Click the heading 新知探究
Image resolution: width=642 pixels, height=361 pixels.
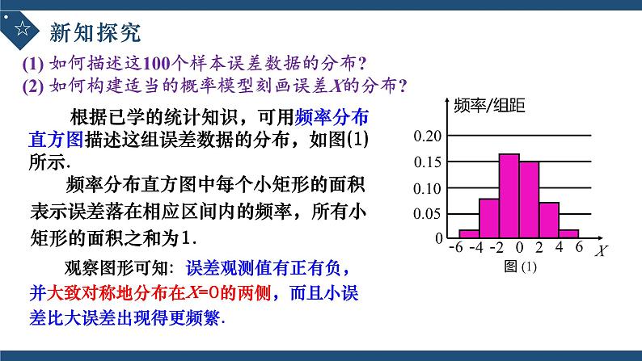[95, 31]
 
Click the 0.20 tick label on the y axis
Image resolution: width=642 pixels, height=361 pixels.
[428, 136]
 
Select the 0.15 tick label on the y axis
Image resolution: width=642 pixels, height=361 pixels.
[428, 162]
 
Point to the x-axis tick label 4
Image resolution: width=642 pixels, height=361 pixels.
[560, 249]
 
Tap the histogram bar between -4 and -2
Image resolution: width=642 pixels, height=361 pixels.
[488, 218]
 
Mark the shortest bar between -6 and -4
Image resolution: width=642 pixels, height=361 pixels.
[469, 233]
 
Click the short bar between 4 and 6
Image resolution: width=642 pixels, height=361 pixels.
[569, 233]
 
